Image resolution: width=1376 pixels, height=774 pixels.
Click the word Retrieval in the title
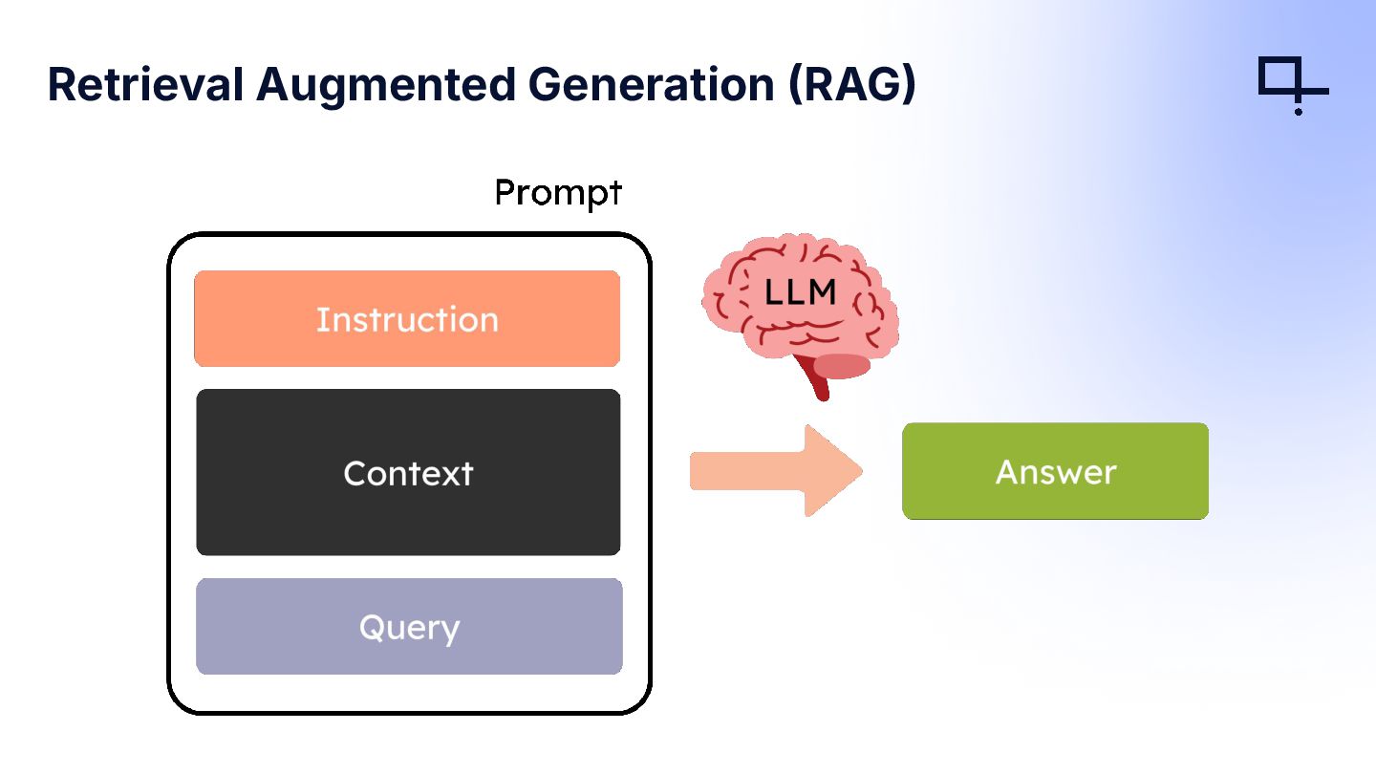click(145, 84)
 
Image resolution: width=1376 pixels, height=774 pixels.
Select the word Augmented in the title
click(386, 86)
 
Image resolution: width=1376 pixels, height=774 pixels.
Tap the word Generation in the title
click(651, 84)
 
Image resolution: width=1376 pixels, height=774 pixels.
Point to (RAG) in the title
click(852, 85)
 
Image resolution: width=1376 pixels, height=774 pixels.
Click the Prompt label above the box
click(558, 193)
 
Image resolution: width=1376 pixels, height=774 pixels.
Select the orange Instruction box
click(407, 319)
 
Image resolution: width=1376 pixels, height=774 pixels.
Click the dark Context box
click(408, 472)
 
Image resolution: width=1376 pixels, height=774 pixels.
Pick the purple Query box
click(409, 626)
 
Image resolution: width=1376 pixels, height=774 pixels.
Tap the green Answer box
click(1055, 471)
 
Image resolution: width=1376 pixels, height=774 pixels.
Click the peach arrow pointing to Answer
click(777, 470)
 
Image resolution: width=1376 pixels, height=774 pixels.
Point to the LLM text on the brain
click(800, 292)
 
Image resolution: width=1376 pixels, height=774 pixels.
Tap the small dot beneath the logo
click(1298, 112)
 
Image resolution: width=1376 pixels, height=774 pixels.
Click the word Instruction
click(407, 319)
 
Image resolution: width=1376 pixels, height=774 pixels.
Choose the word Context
click(409, 474)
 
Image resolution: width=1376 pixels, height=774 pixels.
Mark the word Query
click(409, 629)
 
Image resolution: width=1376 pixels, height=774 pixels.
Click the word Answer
click(1056, 472)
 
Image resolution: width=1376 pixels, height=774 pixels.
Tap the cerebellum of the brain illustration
click(842, 366)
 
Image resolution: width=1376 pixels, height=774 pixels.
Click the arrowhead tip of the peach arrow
click(862, 470)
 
